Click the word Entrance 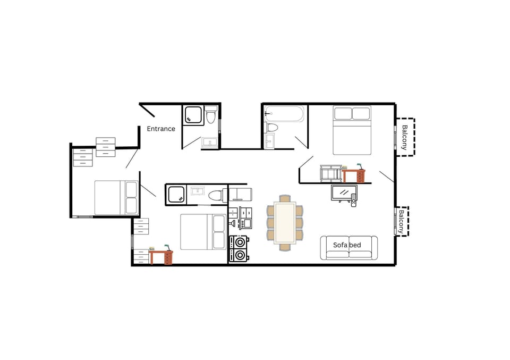click(x=160, y=129)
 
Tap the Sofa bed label click(x=347, y=245)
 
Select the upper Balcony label click(x=405, y=137)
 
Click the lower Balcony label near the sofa click(x=402, y=221)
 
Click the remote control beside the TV click(x=353, y=201)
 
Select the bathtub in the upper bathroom click(x=285, y=113)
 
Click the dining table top click(x=285, y=222)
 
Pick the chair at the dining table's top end click(x=285, y=198)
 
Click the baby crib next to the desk click(x=330, y=174)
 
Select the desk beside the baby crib click(x=354, y=174)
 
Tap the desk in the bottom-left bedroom click(x=161, y=257)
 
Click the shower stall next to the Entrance click(x=193, y=115)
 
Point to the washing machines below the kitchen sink click(x=239, y=248)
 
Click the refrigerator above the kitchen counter click(x=240, y=193)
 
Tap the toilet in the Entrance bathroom click(x=211, y=116)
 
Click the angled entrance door click(x=148, y=110)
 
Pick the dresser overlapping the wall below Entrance click(x=105, y=147)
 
